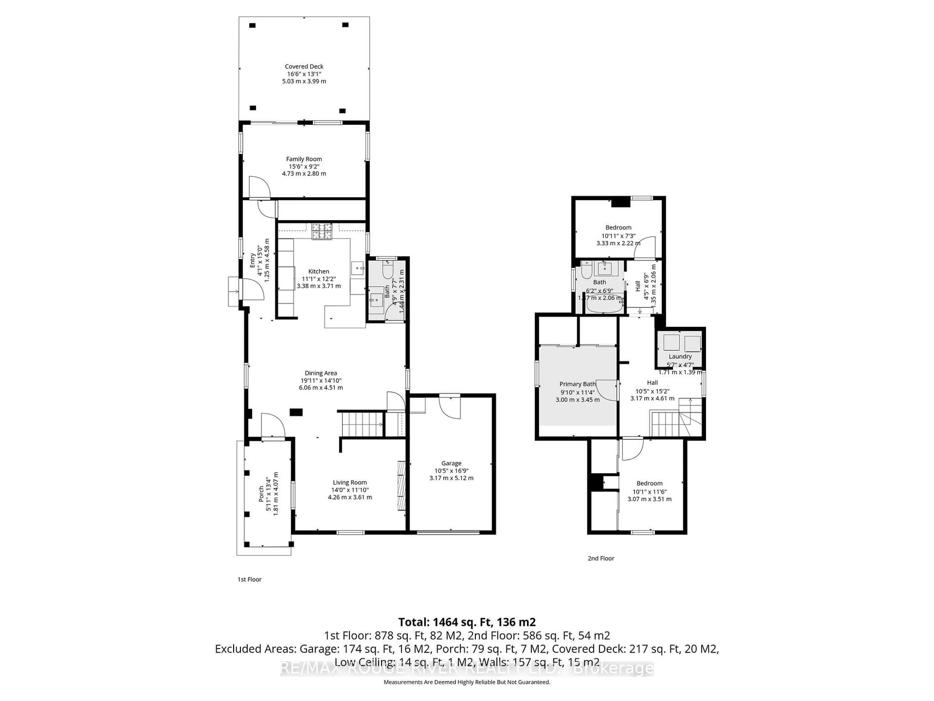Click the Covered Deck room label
point(304,66)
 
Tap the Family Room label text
point(304,159)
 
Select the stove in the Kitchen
point(322,231)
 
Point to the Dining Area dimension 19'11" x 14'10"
point(321,380)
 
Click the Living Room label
point(350,482)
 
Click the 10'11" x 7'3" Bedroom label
point(618,227)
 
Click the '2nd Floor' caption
point(601,558)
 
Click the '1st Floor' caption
point(250,579)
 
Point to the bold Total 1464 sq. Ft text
point(467,622)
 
